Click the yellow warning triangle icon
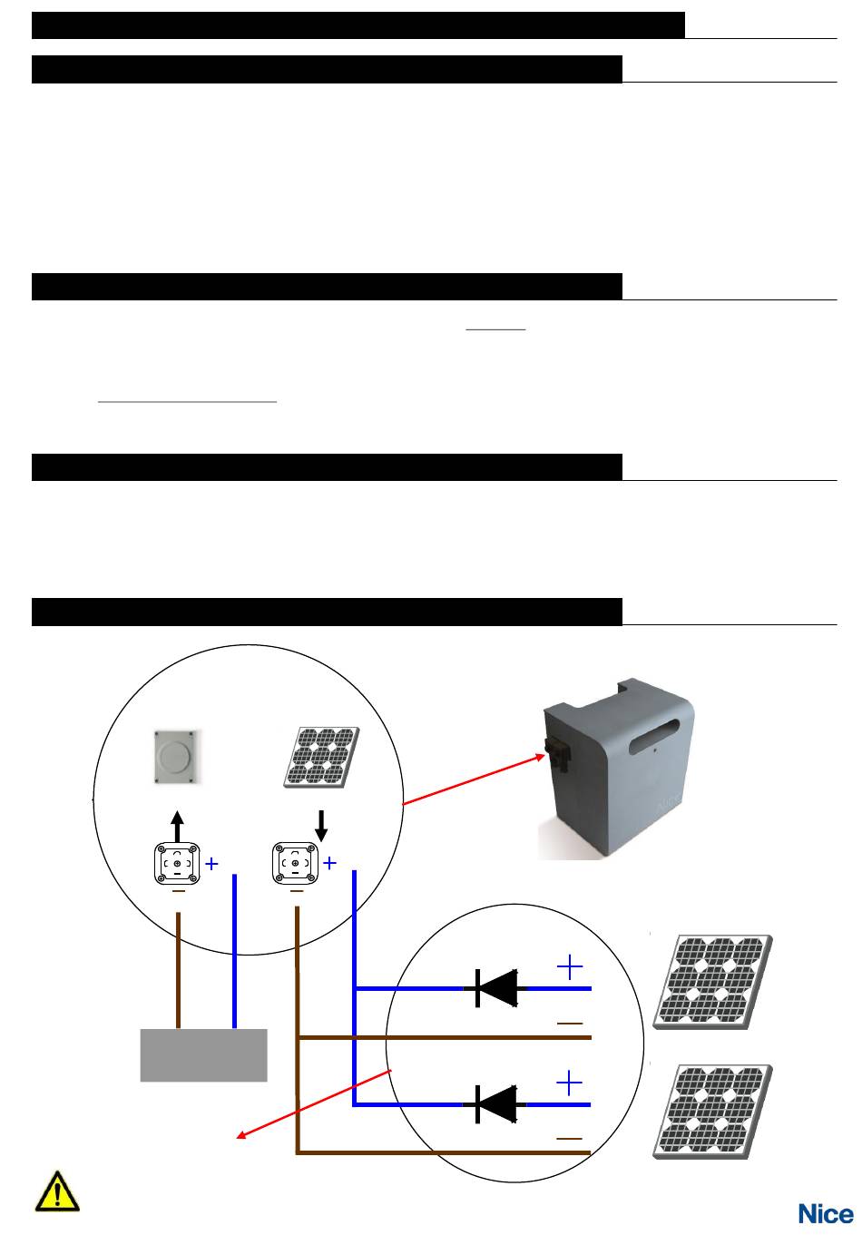click(x=57, y=1191)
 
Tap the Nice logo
click(x=825, y=1213)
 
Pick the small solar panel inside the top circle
click(x=321, y=757)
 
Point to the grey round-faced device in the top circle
click(x=175, y=757)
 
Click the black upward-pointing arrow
click(x=177, y=826)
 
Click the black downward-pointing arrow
click(x=321, y=826)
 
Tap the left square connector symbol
click(x=177, y=863)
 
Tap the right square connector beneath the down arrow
click(x=295, y=863)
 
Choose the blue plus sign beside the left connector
click(x=211, y=863)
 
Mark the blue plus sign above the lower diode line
click(x=569, y=1083)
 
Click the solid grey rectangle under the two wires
click(x=203, y=1054)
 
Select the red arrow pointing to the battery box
click(x=474, y=779)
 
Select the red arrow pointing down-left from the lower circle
click(x=314, y=1104)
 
